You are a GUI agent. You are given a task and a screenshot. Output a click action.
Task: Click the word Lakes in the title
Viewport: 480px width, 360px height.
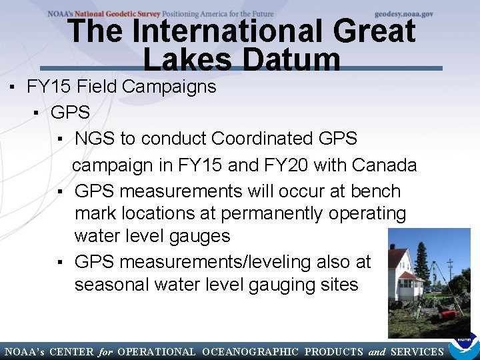pyautogui.click(x=187, y=61)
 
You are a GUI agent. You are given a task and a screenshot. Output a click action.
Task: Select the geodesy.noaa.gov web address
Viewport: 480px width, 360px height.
pyautogui.click(x=404, y=13)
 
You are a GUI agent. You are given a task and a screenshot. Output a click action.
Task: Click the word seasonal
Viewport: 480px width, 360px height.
pyautogui.click(x=111, y=285)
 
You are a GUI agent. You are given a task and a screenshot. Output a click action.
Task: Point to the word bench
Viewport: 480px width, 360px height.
pyautogui.click(x=370, y=191)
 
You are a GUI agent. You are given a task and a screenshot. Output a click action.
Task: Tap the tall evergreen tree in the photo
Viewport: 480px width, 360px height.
pyautogui.click(x=421, y=263)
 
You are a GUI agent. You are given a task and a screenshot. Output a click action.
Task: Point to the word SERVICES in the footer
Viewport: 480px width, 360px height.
pyautogui.click(x=417, y=352)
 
